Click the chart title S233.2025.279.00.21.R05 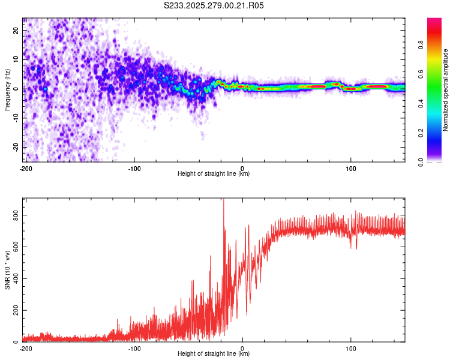(x=214, y=5)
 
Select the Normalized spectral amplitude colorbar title (x=446, y=90)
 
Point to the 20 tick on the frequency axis (x=17, y=31)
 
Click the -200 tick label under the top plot (x=25, y=168)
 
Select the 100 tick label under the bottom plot (x=350, y=348)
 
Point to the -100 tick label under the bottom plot (x=134, y=348)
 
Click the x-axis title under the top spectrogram (x=214, y=174)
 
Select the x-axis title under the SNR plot (x=214, y=354)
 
